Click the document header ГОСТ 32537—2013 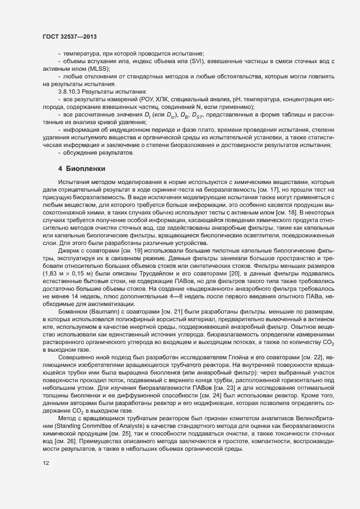point(70,36)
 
